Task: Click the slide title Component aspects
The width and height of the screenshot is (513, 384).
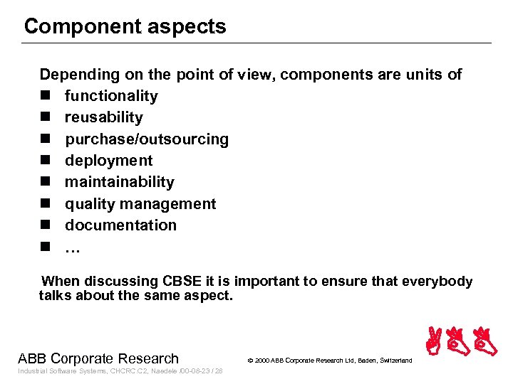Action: point(125,27)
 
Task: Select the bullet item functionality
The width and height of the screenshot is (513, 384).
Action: point(111,96)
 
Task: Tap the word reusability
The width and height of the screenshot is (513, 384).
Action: point(103,117)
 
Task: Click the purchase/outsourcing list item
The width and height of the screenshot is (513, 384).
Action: point(147,139)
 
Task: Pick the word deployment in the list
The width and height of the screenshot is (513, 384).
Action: point(108,161)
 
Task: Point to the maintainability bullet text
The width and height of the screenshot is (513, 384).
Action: point(119,182)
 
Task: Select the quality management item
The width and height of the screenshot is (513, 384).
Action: point(140,204)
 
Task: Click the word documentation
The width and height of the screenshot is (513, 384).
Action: point(120,225)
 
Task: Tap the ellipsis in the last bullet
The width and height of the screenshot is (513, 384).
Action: point(73,248)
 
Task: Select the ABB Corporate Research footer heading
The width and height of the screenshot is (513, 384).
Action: point(98,358)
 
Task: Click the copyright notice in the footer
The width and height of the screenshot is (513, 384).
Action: point(329,361)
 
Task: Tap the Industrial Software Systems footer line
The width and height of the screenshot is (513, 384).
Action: point(120,371)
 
